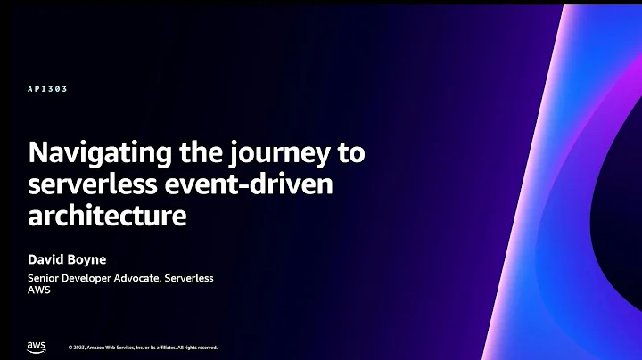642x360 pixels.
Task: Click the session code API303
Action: [x=48, y=89]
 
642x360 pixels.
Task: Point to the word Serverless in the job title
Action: [x=188, y=278]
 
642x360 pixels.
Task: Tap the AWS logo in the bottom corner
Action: [x=36, y=346]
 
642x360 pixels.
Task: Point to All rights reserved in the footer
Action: [x=195, y=348]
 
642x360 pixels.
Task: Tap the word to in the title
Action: [x=350, y=152]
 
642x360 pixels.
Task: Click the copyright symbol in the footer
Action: [x=70, y=348]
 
